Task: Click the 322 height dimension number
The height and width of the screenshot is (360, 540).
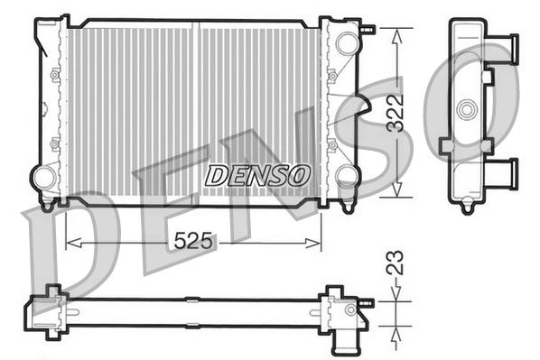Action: (395, 113)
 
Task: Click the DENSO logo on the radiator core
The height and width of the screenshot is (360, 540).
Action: (257, 174)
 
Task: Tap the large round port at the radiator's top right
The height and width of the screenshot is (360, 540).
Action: (345, 42)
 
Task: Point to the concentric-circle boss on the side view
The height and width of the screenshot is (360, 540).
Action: (467, 110)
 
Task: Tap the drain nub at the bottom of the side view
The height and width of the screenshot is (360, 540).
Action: (467, 208)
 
